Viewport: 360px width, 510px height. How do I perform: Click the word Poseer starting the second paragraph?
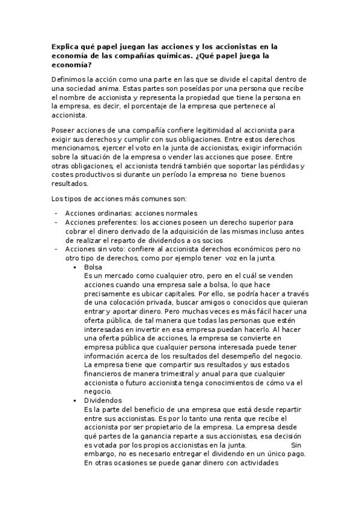pos(63,129)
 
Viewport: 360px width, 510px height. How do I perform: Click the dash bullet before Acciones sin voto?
pos(56,249)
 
